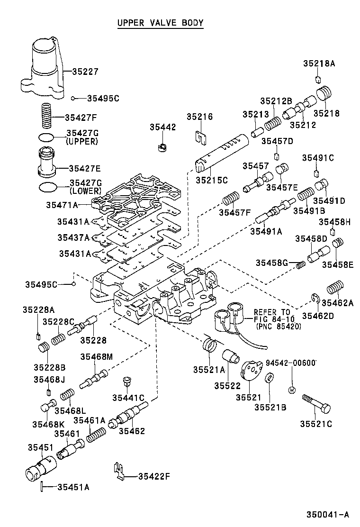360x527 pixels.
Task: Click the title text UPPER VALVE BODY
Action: coord(160,23)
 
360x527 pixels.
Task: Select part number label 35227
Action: coord(85,72)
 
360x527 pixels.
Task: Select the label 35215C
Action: coord(212,180)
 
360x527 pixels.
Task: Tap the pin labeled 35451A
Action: coord(43,486)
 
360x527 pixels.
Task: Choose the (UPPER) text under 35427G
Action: coord(82,141)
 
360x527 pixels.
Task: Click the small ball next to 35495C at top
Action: coord(73,98)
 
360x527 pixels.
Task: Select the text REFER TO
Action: coord(271,312)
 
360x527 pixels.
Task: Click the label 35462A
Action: coord(338,303)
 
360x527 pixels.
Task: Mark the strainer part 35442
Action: coord(162,145)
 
